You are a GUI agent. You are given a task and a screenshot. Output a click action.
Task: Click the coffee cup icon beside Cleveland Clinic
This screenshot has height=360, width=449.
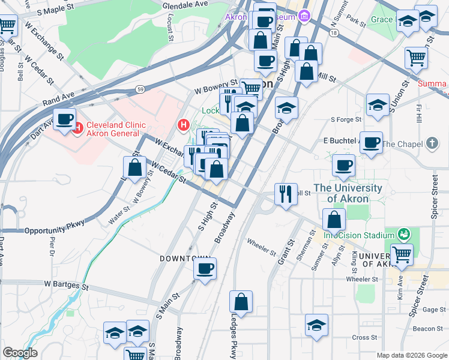click(64, 119)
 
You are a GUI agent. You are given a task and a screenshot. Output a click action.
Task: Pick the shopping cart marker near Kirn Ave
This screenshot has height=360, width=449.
click(402, 254)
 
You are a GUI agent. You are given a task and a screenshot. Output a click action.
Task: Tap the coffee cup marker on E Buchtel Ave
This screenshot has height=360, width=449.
click(371, 143)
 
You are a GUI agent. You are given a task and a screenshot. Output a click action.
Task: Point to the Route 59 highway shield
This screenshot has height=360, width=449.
click(139, 89)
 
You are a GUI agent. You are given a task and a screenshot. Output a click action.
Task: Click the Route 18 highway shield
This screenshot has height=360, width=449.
click(334, 34)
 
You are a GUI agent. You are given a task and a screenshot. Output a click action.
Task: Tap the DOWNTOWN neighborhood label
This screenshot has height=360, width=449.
click(184, 258)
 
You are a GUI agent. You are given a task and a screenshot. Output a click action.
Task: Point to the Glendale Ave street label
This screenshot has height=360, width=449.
click(185, 4)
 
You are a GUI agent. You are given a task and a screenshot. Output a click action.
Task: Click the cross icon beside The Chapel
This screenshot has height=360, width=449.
click(432, 143)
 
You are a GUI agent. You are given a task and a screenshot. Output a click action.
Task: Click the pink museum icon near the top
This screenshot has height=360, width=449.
click(304, 15)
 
